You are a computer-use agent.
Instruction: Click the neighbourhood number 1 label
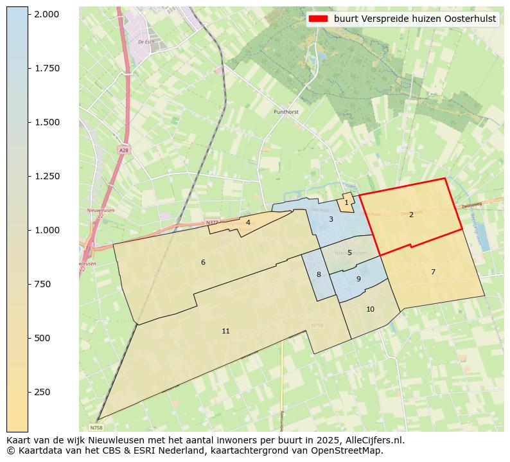pos(346,202)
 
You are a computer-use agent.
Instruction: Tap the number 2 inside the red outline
pos(411,215)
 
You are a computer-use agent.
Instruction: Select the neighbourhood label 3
pos(331,219)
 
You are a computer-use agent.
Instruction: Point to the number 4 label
pos(248,222)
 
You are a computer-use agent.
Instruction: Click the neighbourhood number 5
pos(349,253)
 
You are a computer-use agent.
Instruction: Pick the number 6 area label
pos(203,262)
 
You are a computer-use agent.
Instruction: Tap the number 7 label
pos(433,272)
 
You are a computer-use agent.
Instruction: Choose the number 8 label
pos(319,274)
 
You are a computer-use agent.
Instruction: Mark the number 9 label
pos(358,279)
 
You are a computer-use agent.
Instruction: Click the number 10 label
pos(370,309)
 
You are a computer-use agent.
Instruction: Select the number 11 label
pos(225,331)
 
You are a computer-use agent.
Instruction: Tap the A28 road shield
pos(123,150)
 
